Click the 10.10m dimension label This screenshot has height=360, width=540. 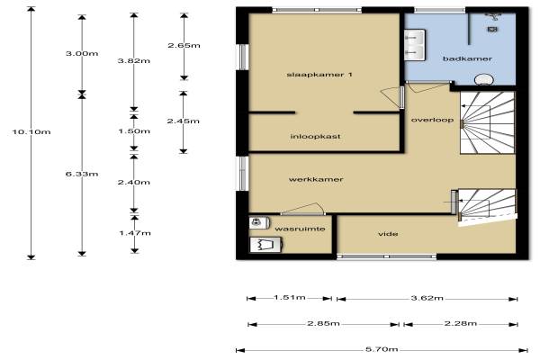(x=31, y=131)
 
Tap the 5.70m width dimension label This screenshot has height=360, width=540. (x=382, y=349)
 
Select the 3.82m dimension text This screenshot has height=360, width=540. (x=134, y=61)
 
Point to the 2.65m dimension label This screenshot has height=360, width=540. (x=184, y=46)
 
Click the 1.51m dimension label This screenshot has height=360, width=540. (x=290, y=297)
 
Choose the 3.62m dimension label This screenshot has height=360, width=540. (x=427, y=298)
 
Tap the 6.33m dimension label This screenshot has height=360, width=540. (x=82, y=174)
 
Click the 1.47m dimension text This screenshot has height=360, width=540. (x=135, y=233)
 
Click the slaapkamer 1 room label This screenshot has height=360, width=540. (x=319, y=75)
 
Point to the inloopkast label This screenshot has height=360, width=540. (x=315, y=137)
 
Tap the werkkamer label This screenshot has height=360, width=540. (x=316, y=179)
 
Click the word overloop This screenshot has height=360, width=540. (x=432, y=120)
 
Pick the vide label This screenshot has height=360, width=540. (x=388, y=234)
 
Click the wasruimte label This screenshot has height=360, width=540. (x=300, y=229)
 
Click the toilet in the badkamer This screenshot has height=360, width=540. (x=483, y=79)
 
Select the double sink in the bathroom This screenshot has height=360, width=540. (x=414, y=45)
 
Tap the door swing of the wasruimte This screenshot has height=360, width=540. (x=303, y=209)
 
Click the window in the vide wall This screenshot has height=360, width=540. (x=386, y=256)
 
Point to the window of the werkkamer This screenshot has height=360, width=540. (x=244, y=174)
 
